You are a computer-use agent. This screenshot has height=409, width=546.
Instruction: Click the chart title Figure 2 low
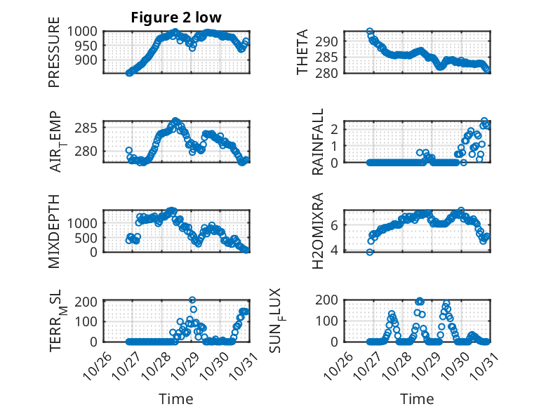(176, 18)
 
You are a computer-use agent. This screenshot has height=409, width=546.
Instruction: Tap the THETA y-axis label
(302, 53)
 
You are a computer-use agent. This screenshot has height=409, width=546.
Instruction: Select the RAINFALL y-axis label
(318, 142)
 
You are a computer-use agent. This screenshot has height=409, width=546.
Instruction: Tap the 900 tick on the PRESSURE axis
(91, 60)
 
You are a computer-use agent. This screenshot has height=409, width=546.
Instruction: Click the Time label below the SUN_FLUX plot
(417, 398)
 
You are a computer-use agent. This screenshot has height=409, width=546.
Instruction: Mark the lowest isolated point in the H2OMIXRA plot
(369, 252)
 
